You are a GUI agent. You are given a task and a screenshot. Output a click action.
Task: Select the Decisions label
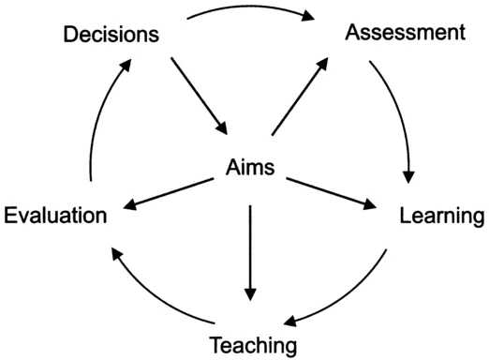click(110, 36)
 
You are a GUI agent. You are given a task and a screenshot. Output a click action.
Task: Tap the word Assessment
click(405, 33)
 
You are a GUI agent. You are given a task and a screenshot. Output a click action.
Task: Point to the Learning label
click(441, 217)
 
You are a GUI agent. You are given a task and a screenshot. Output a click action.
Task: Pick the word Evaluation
click(54, 217)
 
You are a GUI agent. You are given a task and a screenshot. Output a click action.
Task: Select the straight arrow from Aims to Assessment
click(300, 96)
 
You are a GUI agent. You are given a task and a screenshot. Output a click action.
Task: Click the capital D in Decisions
click(71, 36)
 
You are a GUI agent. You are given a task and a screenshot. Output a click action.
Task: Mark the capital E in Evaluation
click(10, 217)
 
